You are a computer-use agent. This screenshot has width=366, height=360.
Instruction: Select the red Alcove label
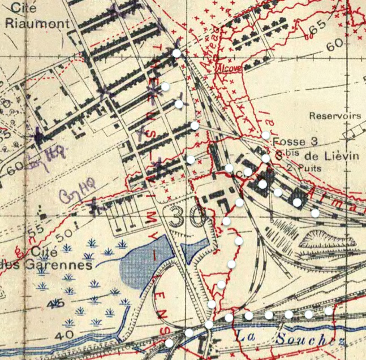(x=230, y=67)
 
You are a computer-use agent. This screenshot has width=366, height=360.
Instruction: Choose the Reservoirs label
(x=335, y=116)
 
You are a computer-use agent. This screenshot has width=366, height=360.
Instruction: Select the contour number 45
(x=55, y=305)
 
